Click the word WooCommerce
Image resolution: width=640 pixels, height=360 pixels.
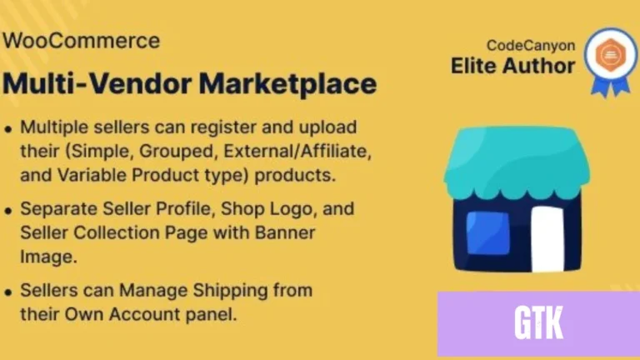[81, 41]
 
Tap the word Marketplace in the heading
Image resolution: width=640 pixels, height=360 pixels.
[287, 84]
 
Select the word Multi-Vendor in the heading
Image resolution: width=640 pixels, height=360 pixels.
[97, 83]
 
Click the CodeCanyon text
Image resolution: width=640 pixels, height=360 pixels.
[531, 46]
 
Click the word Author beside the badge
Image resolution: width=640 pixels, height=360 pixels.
[539, 66]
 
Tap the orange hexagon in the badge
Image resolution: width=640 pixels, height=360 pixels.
[610, 55]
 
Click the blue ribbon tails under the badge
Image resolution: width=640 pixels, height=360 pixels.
[611, 87]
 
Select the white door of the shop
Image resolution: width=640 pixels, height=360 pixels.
[547, 238]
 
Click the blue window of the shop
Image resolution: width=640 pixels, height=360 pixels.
[487, 232]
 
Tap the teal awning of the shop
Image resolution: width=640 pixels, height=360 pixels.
[517, 162]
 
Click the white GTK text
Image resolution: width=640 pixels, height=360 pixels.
[539, 322]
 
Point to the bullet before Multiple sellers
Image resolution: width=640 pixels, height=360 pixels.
[8, 130]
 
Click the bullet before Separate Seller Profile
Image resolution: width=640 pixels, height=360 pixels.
[8, 211]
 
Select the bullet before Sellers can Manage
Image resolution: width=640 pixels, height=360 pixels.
[8, 292]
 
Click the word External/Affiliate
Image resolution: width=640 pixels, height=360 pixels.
[297, 152]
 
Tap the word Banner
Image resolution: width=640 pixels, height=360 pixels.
[285, 232]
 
